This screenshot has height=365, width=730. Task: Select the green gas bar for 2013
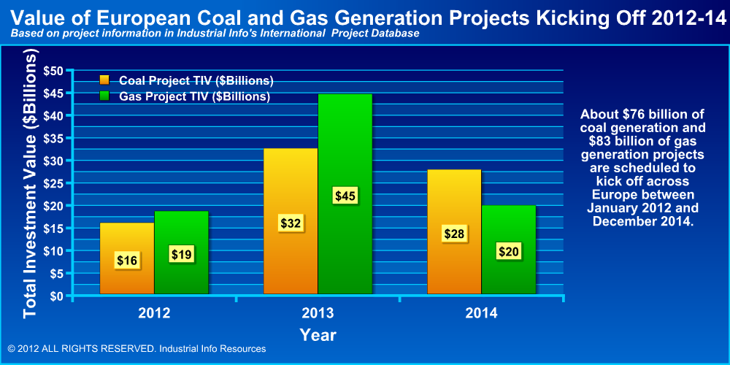(345, 146)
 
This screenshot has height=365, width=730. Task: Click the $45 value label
(345, 196)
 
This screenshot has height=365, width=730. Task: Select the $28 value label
(454, 234)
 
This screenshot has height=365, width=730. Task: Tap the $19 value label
(182, 254)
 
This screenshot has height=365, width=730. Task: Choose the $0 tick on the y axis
(56, 296)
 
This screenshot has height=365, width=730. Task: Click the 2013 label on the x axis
(318, 313)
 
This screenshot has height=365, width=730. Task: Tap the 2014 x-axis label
(481, 313)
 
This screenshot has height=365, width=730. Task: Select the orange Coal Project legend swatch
(104, 80)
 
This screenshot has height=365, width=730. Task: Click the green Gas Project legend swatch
(104, 96)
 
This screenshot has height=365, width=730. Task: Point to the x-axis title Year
(318, 335)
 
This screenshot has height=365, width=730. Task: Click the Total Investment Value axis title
(30, 184)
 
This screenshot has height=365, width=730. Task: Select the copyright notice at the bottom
(137, 349)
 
